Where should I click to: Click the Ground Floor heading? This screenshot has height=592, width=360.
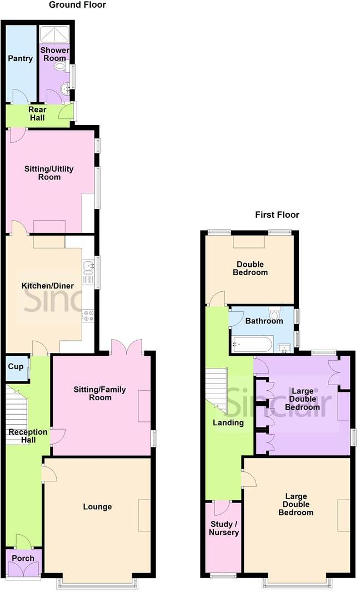[x=77, y=5]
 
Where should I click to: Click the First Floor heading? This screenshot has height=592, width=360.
[x=277, y=215]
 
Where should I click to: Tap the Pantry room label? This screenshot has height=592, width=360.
[x=20, y=58]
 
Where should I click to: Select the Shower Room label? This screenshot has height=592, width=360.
[x=54, y=54]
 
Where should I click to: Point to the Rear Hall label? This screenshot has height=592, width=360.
[x=37, y=113]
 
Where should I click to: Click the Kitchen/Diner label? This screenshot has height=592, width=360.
[x=47, y=286]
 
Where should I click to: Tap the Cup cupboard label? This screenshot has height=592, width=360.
[x=15, y=367]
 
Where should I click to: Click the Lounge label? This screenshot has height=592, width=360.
[x=97, y=506]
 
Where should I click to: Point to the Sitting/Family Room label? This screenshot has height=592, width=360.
[x=99, y=394]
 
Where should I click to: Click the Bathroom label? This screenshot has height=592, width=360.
[x=264, y=321]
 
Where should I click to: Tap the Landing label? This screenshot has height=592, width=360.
[x=228, y=422]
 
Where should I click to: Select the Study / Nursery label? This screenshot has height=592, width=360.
[x=224, y=528]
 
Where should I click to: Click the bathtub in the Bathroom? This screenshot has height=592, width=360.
[x=252, y=345]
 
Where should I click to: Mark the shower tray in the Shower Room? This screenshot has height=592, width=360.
[x=54, y=34]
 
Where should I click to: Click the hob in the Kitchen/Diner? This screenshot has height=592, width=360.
[x=88, y=316]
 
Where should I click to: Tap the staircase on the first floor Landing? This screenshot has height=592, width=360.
[x=217, y=389]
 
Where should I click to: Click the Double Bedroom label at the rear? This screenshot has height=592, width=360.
[x=249, y=268]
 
